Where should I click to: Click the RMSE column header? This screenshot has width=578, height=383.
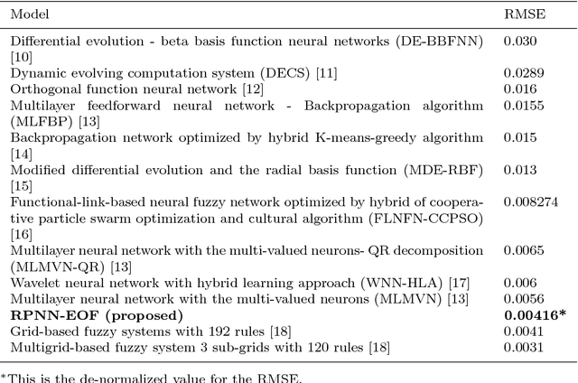(520, 15)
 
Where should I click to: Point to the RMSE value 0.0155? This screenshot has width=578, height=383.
(521, 106)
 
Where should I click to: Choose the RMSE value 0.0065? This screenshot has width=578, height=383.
(521, 251)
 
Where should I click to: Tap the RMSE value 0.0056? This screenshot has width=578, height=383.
(521, 300)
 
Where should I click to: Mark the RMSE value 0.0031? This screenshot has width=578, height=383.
(521, 349)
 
